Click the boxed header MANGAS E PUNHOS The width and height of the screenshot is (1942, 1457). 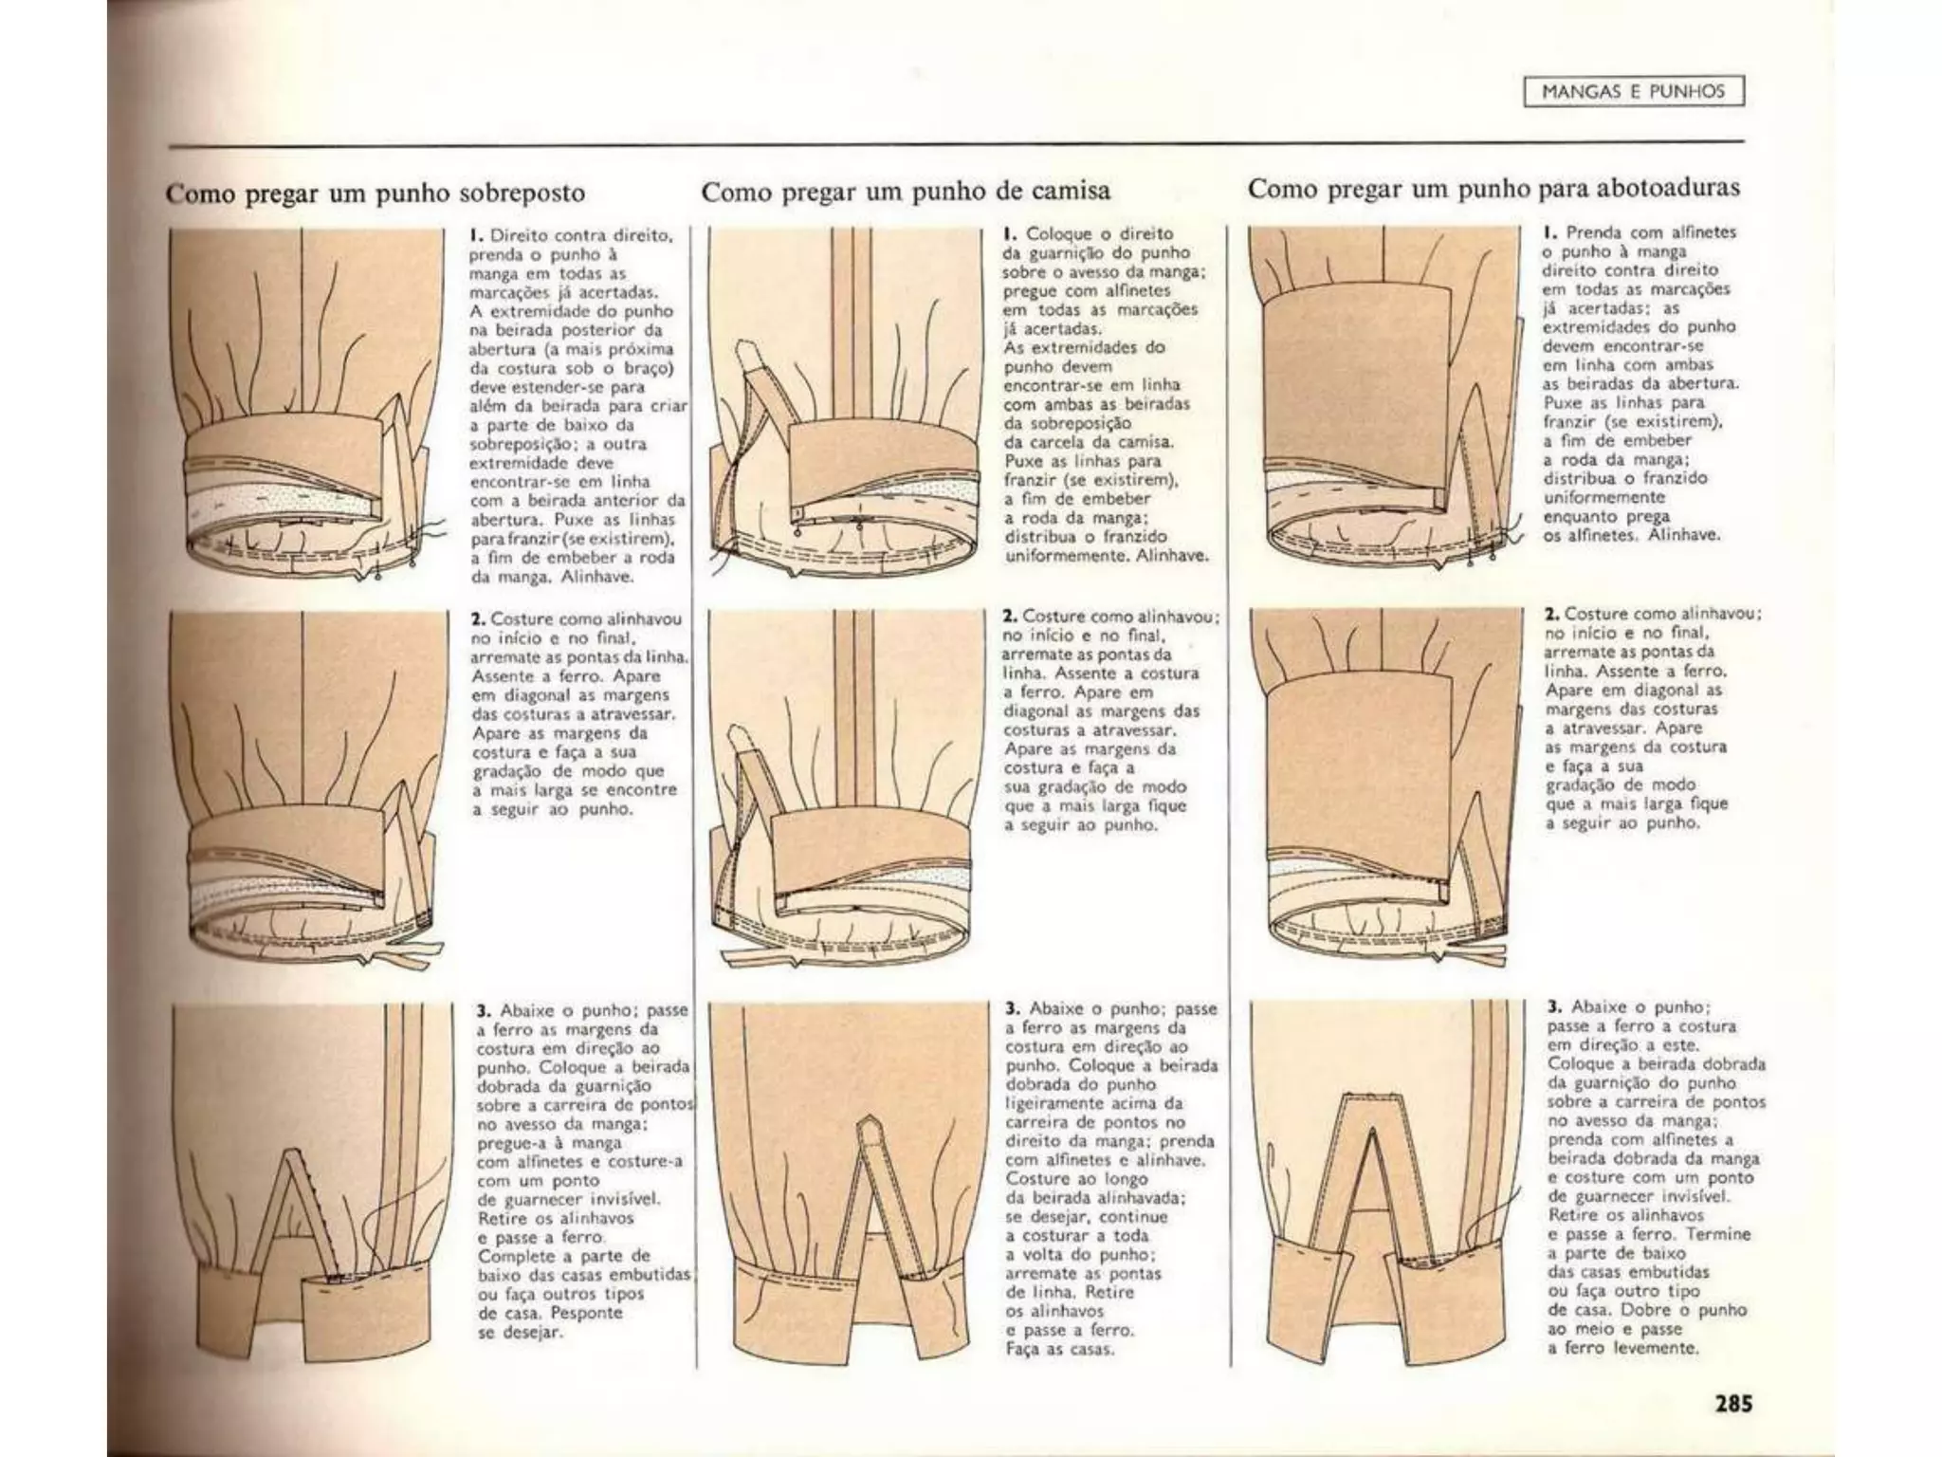1633,92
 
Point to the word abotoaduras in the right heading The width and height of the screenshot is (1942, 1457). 1668,188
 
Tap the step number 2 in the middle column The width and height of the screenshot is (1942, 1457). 1009,617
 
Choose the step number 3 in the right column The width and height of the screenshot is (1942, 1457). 1553,1007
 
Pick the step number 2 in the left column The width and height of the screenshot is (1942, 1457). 477,618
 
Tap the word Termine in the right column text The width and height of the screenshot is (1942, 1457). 1719,1234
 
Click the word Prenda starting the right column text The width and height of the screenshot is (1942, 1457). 1593,232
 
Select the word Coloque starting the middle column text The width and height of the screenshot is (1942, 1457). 1056,233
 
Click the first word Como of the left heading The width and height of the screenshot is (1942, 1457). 201,193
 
